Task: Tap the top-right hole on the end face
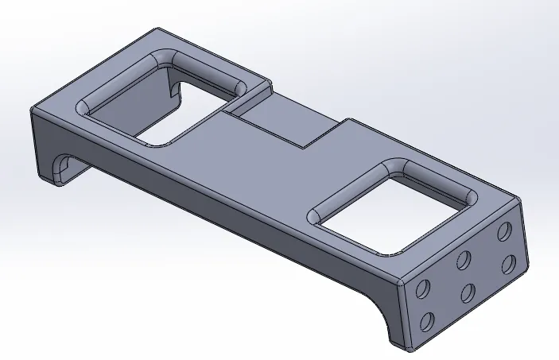coord(503,232)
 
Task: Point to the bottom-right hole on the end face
coord(505,265)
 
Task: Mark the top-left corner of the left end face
coord(33,111)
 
